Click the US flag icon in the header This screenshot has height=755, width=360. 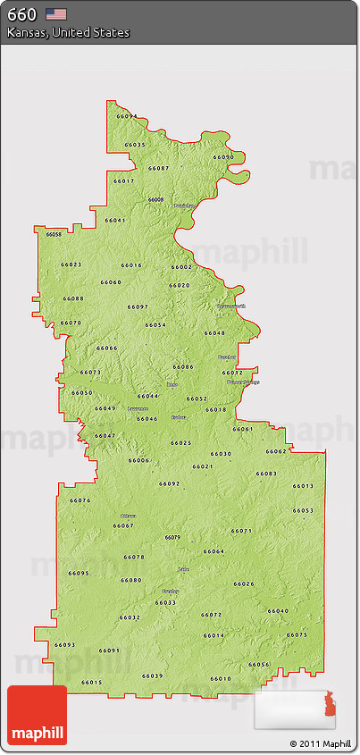(57, 13)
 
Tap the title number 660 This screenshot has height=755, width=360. (22, 13)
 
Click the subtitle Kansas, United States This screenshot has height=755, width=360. (68, 32)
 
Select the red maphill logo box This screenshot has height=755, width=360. (36, 715)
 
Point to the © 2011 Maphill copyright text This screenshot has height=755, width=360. (321, 743)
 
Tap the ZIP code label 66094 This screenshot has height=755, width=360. (127, 116)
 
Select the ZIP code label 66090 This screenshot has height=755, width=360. (223, 157)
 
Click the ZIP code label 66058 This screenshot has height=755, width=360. (54, 234)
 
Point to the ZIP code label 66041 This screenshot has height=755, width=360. (115, 220)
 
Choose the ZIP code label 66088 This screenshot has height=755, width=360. (73, 298)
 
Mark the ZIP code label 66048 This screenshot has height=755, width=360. (214, 332)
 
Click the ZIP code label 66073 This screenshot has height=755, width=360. (90, 372)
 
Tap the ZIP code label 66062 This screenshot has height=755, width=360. (276, 451)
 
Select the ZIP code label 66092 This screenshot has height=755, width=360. (170, 483)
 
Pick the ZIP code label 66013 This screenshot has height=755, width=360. (303, 485)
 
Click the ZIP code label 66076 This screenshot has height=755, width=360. (80, 500)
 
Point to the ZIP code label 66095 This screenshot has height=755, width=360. (79, 573)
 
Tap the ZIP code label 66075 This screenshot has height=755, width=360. (297, 634)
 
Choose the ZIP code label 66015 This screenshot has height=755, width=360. (92, 683)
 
